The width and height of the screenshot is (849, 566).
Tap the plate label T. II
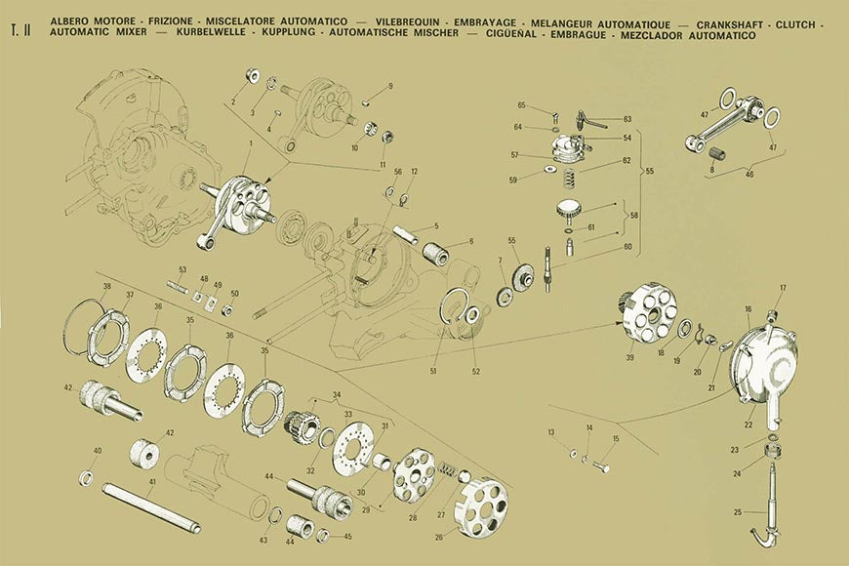point(21,30)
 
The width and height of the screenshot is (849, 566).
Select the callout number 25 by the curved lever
point(738,511)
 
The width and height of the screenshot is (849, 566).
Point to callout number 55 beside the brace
point(649,171)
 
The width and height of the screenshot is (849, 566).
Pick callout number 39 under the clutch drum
point(629,358)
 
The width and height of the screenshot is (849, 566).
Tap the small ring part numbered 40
point(86,478)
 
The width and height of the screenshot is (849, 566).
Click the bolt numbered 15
point(602,465)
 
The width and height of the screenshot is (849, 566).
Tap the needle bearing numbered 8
point(717,151)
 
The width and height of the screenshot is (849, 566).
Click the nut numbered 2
point(253,75)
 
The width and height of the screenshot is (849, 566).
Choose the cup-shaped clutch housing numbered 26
point(483,507)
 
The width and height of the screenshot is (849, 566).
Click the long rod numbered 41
point(151,506)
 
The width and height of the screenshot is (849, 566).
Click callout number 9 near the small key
point(390,86)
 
